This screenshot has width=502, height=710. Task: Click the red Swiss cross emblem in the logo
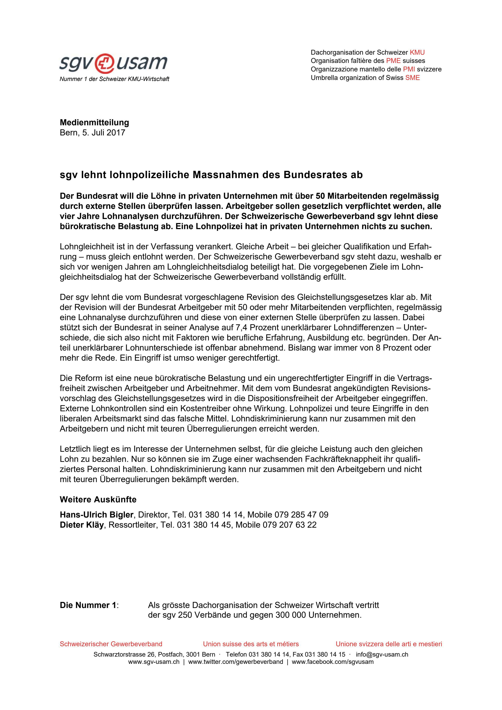tap(105, 63)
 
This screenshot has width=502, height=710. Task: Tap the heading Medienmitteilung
tap(94, 122)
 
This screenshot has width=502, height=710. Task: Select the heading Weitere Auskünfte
tap(98, 500)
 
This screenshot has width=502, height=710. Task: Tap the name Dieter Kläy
tap(82, 525)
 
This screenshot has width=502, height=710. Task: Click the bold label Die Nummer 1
tap(88, 605)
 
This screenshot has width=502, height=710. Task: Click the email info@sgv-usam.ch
tap(382, 654)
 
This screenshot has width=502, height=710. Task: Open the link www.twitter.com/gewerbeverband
tap(235, 662)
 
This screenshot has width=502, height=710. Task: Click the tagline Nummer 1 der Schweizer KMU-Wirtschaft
tap(114, 79)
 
